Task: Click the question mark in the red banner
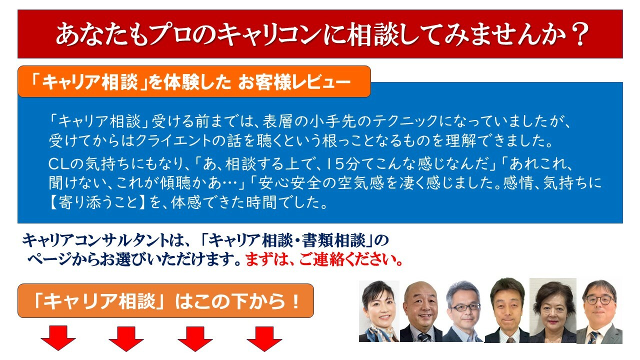click(580, 34)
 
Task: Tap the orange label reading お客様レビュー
click(294, 82)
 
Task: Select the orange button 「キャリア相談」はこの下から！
click(165, 300)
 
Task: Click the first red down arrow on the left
click(58, 338)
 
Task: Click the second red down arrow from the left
click(126, 338)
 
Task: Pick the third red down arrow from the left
click(195, 338)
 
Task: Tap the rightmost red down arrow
click(264, 338)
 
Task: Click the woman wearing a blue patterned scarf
click(379, 311)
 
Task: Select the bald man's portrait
click(421, 311)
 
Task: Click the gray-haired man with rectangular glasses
click(463, 311)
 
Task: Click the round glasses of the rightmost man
click(599, 300)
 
